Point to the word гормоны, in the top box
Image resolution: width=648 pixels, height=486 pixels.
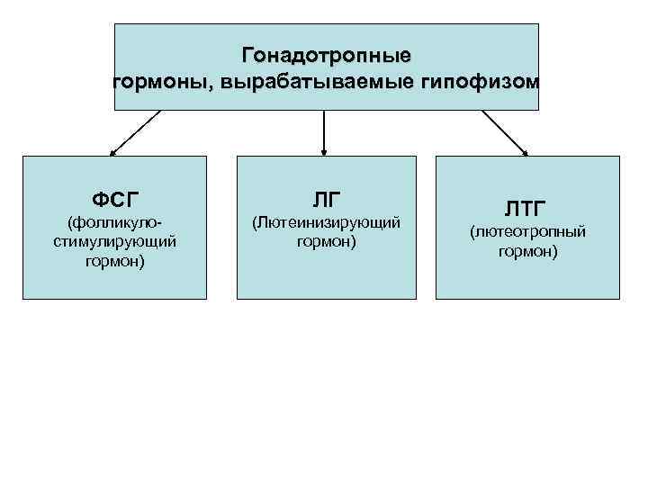(162, 83)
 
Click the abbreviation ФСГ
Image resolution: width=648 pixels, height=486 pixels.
(114, 198)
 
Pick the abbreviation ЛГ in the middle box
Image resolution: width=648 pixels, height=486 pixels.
(326, 198)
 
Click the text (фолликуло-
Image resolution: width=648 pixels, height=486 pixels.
(114, 222)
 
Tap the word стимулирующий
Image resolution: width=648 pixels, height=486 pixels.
(114, 242)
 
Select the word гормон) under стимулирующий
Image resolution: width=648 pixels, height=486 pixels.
(114, 262)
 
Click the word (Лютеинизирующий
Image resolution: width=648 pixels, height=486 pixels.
(326, 222)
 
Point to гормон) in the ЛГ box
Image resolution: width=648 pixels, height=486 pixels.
(326, 242)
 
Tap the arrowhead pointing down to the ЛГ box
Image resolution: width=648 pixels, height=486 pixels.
(324, 150)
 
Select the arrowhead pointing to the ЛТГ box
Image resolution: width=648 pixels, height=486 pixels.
(526, 152)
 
